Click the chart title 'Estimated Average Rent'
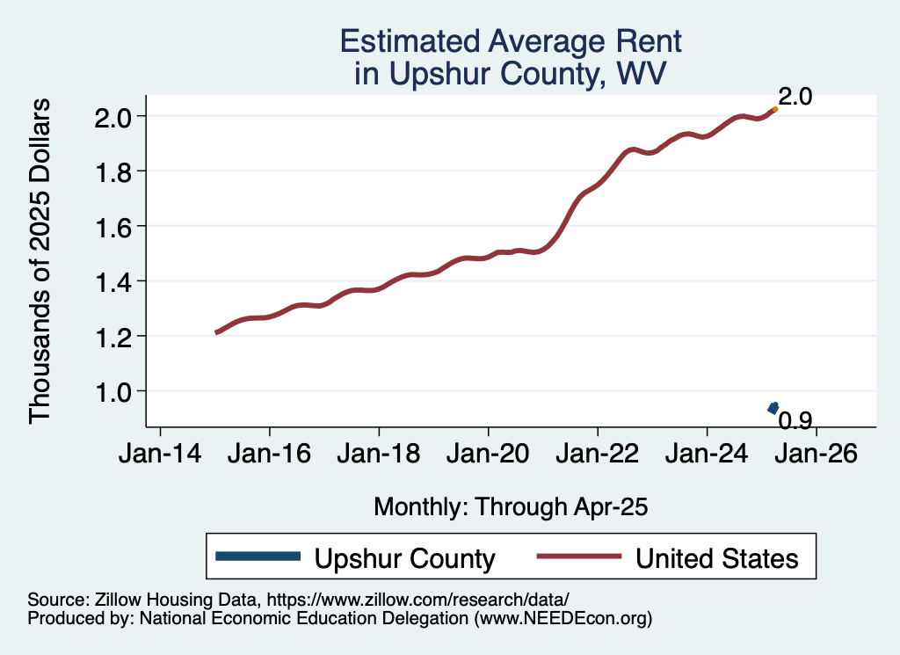coord(511,41)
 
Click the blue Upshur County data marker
coord(773,407)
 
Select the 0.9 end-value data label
coord(795,421)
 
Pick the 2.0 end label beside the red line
coord(795,97)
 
